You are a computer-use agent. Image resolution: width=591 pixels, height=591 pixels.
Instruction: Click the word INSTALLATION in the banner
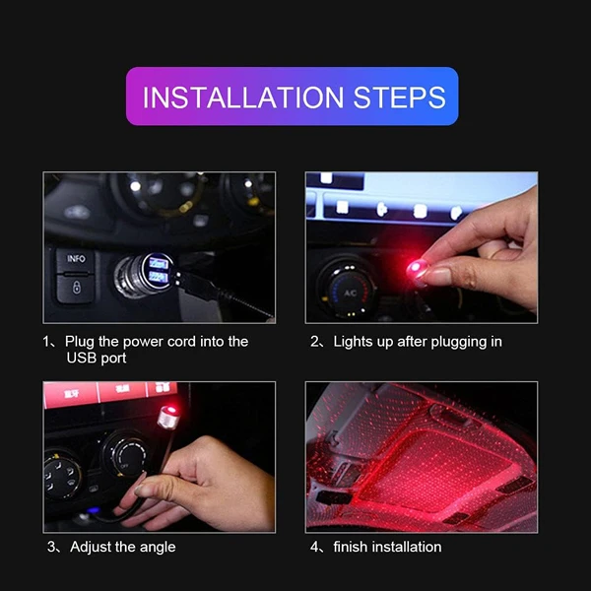(243, 98)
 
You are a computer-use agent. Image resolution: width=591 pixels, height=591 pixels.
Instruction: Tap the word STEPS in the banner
(400, 98)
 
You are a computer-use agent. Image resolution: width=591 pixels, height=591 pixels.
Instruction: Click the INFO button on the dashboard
(76, 260)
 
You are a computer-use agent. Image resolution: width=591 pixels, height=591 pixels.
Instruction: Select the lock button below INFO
(76, 289)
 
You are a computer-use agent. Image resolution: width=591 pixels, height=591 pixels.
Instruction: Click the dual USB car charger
(145, 274)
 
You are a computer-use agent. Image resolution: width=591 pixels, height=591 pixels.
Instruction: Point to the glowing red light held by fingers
(416, 268)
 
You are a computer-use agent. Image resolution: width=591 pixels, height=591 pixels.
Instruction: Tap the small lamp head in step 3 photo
(168, 417)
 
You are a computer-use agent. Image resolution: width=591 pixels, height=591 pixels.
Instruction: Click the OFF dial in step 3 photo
(125, 455)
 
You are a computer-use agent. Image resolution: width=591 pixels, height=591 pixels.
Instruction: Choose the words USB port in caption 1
(97, 358)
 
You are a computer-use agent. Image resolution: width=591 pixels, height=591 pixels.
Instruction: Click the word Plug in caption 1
(80, 342)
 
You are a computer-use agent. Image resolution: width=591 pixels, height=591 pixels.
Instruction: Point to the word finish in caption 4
(350, 547)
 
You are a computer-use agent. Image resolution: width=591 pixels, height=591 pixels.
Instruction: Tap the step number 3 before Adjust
(51, 547)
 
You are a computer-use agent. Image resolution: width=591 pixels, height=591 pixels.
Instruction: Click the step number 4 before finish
(315, 547)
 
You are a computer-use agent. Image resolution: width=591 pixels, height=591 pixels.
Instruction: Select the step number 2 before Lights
(315, 342)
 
